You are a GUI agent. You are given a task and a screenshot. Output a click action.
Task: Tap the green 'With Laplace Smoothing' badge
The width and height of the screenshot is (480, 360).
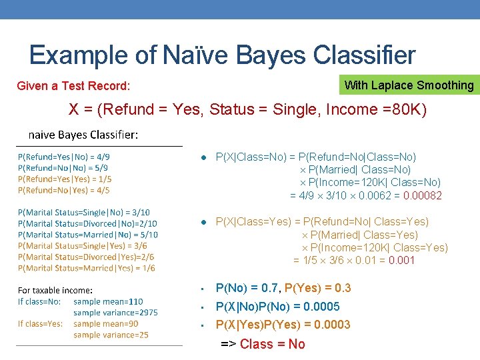(x=409, y=85)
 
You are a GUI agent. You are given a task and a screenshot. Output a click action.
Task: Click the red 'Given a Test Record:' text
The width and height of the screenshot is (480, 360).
(x=73, y=86)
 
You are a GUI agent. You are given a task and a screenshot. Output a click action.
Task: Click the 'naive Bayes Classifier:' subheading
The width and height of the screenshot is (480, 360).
(x=83, y=135)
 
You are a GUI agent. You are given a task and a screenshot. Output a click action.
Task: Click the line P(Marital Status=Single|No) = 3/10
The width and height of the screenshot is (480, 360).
(x=83, y=213)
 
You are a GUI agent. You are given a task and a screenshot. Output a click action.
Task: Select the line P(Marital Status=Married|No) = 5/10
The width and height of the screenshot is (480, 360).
(x=87, y=235)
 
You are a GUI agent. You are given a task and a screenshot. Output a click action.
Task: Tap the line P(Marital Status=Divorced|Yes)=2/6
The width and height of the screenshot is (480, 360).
(x=86, y=257)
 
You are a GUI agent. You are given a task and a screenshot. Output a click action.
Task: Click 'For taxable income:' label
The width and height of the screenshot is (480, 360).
(x=55, y=290)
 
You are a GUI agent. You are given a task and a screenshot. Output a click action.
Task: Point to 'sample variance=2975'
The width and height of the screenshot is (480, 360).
(x=115, y=312)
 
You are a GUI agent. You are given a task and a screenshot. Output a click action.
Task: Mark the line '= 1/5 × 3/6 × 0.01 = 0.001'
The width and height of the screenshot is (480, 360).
(x=354, y=261)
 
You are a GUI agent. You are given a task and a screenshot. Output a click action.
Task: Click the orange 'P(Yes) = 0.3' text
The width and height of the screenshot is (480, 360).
(x=317, y=289)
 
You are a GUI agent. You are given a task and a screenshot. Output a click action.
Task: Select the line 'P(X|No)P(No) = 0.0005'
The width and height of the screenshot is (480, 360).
(x=277, y=307)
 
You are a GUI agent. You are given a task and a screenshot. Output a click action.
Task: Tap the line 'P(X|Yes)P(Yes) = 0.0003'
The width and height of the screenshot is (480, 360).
(x=283, y=325)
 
